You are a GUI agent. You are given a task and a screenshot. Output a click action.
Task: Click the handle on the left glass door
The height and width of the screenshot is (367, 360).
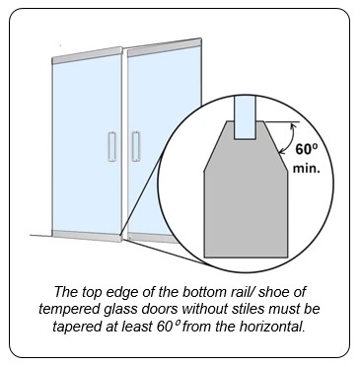[111, 147]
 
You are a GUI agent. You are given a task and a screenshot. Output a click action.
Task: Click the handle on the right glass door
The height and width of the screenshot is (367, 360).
[136, 147]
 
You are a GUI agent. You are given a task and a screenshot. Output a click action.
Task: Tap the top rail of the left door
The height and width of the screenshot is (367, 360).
[87, 56]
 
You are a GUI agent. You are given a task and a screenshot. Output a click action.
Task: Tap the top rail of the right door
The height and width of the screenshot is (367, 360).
[165, 45]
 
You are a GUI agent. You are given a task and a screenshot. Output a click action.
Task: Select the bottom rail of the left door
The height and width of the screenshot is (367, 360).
[87, 235]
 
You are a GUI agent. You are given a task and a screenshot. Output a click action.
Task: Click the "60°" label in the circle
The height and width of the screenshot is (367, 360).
[307, 150]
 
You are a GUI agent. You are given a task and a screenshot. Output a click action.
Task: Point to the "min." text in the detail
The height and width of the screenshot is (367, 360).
[307, 169]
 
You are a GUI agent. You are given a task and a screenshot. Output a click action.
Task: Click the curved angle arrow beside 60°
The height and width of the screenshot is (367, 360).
[287, 138]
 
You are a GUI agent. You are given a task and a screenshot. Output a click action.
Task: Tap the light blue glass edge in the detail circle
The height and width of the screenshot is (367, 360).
[246, 116]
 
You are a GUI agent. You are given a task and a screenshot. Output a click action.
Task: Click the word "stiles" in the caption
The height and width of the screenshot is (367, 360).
[243, 309]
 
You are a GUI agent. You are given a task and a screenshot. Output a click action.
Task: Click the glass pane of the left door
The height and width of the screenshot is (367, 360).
[87, 146]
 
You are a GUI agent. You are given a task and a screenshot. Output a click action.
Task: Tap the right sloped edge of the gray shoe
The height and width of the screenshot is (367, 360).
[276, 146]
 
